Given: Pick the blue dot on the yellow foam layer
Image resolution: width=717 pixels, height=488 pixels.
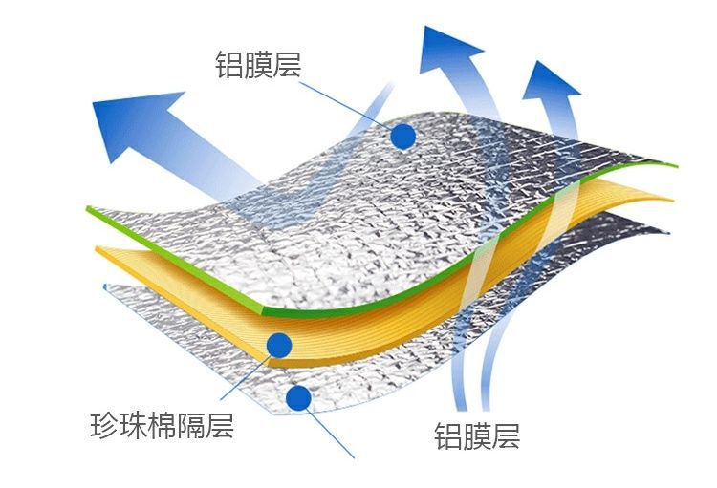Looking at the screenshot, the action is point(279,345).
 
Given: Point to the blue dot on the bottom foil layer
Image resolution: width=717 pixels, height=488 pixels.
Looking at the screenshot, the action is point(299,396).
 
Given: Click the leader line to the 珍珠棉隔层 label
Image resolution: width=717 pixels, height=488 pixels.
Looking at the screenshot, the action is point(244,377).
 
